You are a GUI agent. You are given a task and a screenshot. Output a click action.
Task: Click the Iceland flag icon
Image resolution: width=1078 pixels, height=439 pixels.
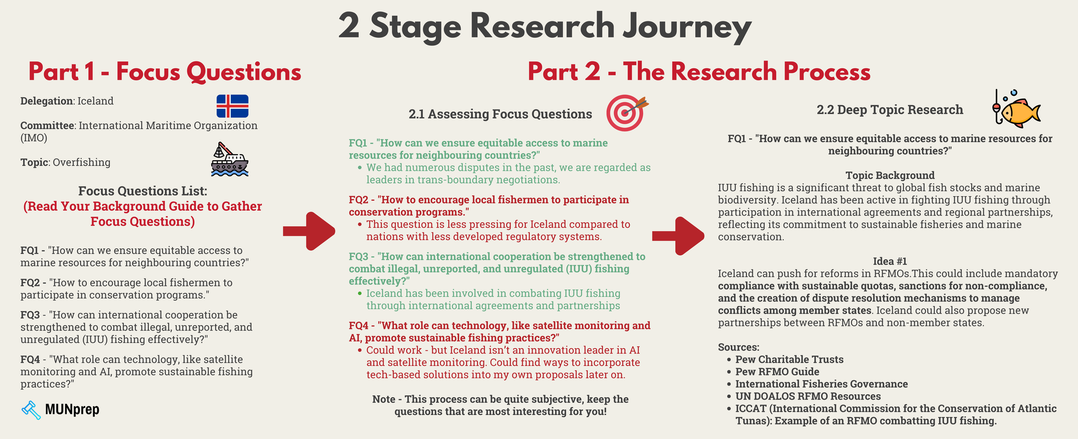232,106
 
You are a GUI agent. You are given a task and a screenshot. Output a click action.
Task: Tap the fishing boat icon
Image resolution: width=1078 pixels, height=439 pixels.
229,160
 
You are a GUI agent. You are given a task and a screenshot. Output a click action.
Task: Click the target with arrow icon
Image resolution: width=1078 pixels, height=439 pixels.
626,113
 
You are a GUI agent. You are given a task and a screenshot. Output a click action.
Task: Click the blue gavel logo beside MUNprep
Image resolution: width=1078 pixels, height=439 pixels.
31,410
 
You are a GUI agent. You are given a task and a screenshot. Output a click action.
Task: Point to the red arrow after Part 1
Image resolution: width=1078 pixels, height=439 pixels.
309,231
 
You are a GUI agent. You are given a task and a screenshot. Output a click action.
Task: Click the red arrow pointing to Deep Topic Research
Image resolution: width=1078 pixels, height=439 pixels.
679,236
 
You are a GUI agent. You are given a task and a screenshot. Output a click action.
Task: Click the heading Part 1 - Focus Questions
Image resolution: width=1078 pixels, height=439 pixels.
164,72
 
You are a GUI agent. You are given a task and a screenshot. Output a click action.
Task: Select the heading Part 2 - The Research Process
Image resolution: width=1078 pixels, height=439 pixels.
699,72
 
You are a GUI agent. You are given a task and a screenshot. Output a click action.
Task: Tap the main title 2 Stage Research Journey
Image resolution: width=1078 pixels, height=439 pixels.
544,27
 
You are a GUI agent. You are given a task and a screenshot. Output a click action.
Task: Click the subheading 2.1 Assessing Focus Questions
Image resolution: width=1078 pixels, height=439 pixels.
500,114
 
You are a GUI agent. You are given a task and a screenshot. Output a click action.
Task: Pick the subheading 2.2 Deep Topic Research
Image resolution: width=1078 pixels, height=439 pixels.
889,110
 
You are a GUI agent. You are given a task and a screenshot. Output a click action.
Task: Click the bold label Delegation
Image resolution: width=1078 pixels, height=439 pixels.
46,101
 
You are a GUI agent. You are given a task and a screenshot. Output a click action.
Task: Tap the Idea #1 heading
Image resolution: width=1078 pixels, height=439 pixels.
890,261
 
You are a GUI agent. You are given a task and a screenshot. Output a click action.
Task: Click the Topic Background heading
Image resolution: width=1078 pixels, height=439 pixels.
890,175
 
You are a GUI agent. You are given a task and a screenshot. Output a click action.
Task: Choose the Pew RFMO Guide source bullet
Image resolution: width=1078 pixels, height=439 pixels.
777,372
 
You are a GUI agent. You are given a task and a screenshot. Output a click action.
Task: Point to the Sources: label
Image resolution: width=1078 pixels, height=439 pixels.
738,347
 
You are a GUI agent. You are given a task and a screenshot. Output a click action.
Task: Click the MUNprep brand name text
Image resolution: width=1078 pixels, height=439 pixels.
72,410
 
